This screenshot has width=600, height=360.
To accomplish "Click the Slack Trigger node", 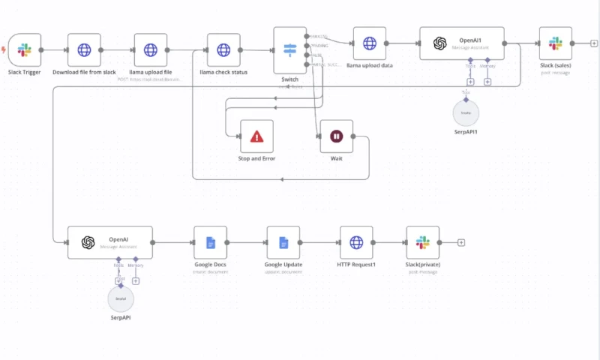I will [24, 50].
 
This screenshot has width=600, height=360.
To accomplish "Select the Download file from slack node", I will [84, 50].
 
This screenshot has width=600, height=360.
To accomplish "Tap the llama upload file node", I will [151, 50].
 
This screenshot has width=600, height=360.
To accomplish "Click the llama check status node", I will [223, 50].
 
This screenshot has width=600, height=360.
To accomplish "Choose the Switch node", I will [289, 50].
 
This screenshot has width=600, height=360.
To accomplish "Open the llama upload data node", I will [370, 43].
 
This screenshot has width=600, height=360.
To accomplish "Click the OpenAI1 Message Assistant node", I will [461, 43].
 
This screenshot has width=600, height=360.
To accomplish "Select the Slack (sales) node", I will [555, 43].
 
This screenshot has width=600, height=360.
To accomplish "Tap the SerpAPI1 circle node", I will [466, 112].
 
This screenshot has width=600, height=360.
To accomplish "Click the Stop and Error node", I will [256, 136].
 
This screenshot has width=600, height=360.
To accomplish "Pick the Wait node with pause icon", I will [336, 136].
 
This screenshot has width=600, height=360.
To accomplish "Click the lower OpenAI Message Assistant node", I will [109, 242].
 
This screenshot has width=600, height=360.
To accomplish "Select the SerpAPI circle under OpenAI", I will [121, 298].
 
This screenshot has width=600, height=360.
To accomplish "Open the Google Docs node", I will [210, 242].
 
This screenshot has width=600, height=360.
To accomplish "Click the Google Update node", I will [283, 242].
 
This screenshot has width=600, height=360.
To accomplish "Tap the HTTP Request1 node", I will [356, 242].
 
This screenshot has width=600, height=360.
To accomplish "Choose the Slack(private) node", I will [422, 242].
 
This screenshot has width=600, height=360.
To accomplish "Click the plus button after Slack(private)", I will [461, 242].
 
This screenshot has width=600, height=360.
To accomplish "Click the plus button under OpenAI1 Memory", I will [487, 82].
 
